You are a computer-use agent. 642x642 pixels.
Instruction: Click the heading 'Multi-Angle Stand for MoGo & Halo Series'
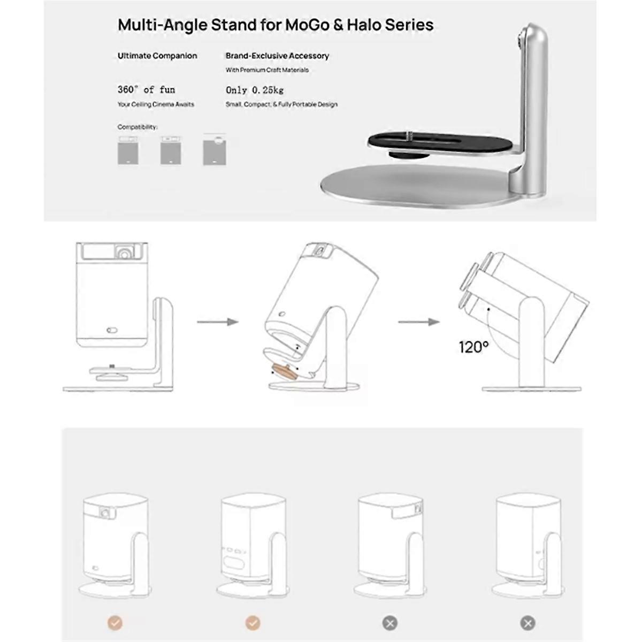point(276,25)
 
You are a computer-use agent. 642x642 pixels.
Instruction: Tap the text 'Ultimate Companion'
point(157,56)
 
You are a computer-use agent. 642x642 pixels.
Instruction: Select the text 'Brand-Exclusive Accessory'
point(277,56)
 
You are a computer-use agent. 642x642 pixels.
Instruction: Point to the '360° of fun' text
point(146,89)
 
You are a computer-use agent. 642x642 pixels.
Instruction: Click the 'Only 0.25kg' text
point(255,90)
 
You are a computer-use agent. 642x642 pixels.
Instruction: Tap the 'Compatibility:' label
point(137,127)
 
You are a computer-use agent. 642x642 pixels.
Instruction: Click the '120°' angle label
point(473,347)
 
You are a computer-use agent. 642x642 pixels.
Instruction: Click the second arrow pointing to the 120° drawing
point(418,322)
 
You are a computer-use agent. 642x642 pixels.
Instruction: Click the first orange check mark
point(115,622)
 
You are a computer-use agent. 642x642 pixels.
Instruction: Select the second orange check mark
point(253,622)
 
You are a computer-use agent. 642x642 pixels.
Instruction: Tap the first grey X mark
point(389,622)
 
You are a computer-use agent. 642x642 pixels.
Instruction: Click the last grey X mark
point(528,622)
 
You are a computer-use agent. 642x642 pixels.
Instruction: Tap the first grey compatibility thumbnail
point(128,150)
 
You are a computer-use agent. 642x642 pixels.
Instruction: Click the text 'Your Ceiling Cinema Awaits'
point(156,104)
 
